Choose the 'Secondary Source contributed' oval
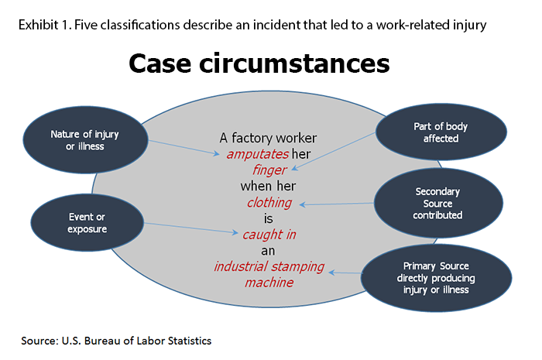(438, 202)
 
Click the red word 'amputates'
(259, 154)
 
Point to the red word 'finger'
(269, 170)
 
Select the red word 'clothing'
(269, 203)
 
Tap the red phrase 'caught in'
(269, 235)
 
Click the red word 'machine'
(269, 283)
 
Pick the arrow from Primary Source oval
(345, 272)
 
